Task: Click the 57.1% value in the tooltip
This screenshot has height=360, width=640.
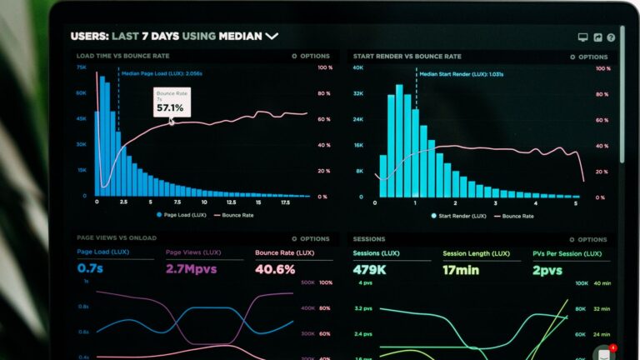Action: [170, 107]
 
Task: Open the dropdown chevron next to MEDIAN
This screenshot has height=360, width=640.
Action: [272, 37]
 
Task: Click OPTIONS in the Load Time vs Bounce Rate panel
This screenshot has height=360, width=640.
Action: [311, 57]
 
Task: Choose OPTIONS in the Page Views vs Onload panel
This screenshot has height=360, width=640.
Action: [311, 238]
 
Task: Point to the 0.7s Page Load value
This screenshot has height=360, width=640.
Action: [89, 269]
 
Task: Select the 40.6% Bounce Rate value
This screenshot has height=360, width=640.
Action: [275, 269]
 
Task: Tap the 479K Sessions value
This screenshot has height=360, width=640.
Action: [368, 269]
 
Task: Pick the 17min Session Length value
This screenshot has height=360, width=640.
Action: [461, 269]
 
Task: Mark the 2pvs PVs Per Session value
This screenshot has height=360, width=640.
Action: [548, 269]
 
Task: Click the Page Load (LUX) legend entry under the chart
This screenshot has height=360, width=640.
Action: [182, 215]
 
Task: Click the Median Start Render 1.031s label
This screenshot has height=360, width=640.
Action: [451, 74]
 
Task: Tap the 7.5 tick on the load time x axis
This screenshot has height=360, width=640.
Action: [177, 202]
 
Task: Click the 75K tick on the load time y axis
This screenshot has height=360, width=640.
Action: [82, 68]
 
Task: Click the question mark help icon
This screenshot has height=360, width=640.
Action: [611, 37]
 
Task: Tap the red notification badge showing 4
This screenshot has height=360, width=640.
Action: [613, 347]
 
